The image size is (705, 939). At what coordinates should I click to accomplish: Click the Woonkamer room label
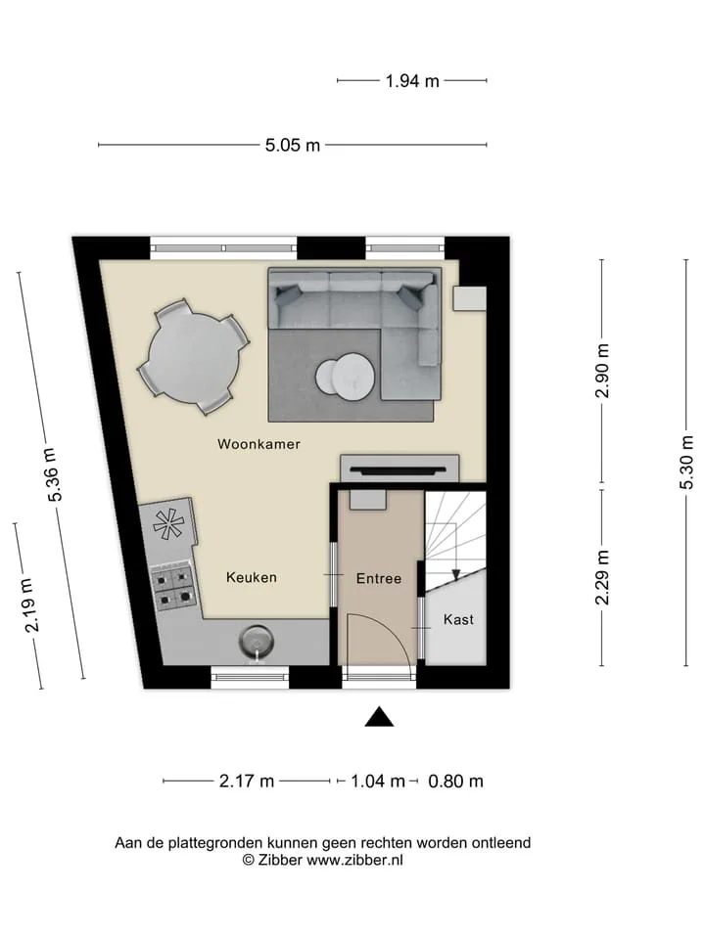(258, 444)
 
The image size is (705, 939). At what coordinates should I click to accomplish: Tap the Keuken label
(252, 577)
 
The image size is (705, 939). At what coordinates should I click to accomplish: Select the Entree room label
(378, 578)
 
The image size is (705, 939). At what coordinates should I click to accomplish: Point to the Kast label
(458, 619)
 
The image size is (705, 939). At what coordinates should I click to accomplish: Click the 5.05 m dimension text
(293, 145)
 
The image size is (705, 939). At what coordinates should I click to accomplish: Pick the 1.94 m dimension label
(412, 81)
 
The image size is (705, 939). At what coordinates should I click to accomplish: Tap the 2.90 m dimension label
(603, 371)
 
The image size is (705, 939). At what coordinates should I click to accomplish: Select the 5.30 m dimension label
(687, 463)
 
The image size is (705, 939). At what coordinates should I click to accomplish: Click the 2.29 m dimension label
(603, 578)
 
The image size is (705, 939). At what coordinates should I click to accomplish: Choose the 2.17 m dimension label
(247, 781)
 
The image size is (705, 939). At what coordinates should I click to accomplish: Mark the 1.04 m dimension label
(378, 781)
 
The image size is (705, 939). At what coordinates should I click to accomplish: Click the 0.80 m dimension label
(455, 781)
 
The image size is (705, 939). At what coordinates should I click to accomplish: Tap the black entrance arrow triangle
(379, 717)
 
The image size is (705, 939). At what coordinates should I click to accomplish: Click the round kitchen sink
(258, 642)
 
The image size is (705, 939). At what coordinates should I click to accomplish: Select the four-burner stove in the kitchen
(174, 588)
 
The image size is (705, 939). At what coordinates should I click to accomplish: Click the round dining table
(194, 357)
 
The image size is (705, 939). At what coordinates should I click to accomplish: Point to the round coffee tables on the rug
(346, 375)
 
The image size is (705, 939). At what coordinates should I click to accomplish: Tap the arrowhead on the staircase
(455, 575)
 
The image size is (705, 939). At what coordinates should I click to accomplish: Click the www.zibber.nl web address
(354, 860)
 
